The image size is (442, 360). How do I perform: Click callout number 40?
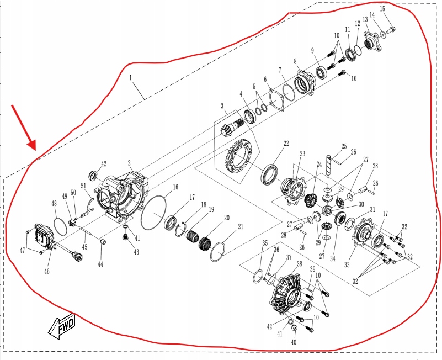pyautogui.click(x=293, y=342)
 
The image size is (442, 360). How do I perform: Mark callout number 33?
pyautogui.click(x=347, y=264)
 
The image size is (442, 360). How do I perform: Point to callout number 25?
pyautogui.click(x=344, y=147)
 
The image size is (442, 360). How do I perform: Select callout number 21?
pyautogui.click(x=240, y=227)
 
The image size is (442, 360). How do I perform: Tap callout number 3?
pyautogui.click(x=222, y=105)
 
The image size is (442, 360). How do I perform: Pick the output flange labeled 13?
pyautogui.click(x=372, y=39)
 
